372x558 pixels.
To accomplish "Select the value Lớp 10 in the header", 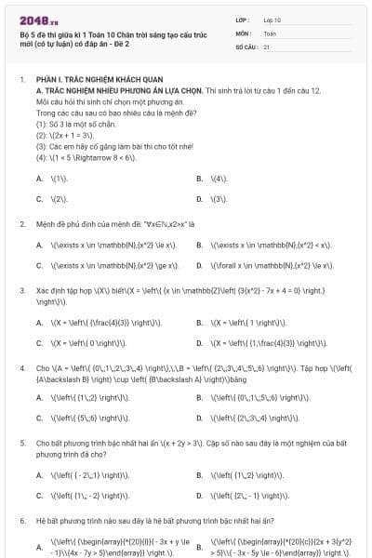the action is pyautogui.click(x=272, y=19).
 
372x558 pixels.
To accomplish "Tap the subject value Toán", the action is pyautogui.click(x=270, y=33).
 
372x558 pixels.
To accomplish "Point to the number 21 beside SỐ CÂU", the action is pyautogui.click(x=267, y=46).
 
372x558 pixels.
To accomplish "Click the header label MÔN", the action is pyautogui.click(x=243, y=33).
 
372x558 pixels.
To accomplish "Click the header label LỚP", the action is pyautogui.click(x=243, y=19).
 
